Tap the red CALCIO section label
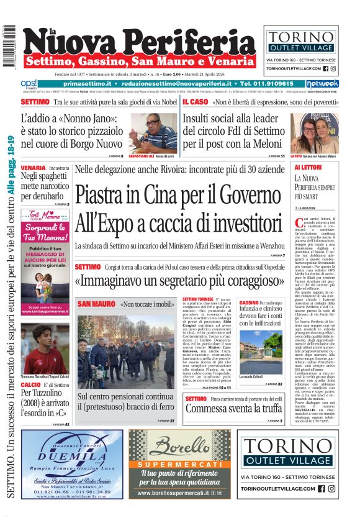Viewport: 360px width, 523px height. click(31, 385)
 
